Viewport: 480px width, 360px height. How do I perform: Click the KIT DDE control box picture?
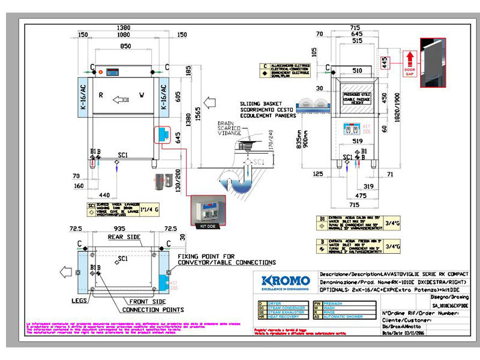pos(207,211)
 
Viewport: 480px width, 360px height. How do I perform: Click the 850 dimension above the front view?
pos(125,46)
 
